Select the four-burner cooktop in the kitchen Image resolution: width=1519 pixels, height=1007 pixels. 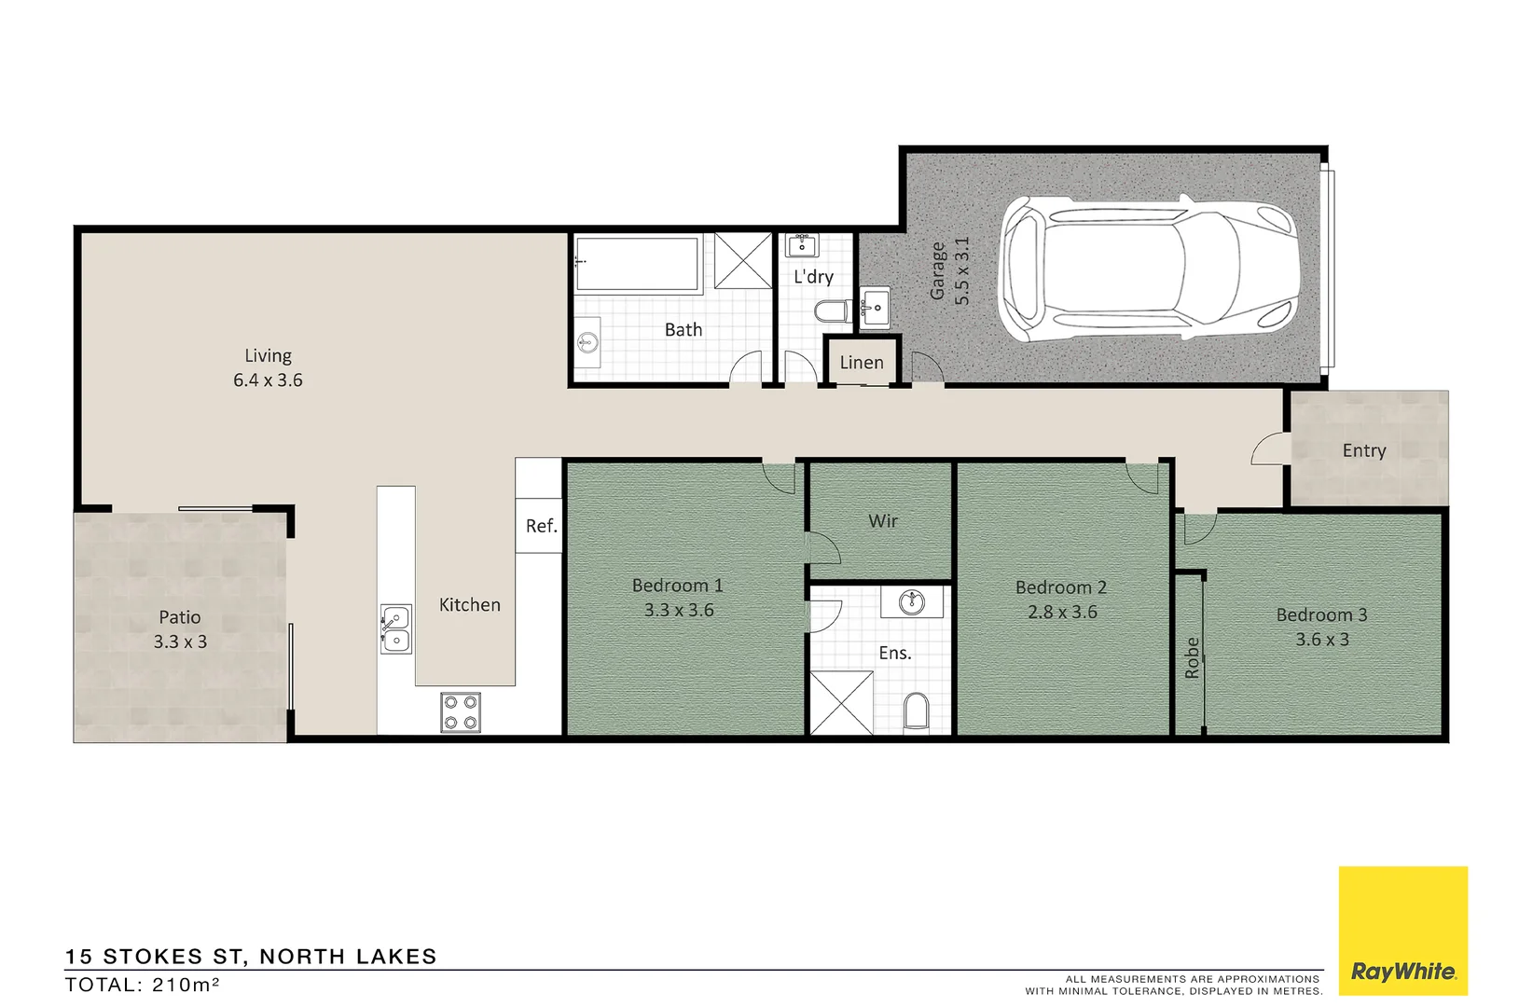(460, 713)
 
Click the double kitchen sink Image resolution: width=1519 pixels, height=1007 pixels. (395, 628)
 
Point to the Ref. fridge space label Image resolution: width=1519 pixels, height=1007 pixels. (541, 526)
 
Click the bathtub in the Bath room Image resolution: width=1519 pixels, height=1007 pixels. (637, 264)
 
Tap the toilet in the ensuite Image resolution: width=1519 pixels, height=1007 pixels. (917, 713)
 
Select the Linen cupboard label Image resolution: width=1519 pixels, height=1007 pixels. (861, 363)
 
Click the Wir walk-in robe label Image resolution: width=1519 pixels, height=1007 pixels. (882, 521)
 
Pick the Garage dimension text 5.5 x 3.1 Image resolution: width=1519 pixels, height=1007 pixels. (962, 270)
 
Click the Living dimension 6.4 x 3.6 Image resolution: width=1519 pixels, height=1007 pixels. (268, 380)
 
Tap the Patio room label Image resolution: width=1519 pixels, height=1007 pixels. (179, 617)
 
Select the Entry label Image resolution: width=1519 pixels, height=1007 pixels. (1363, 450)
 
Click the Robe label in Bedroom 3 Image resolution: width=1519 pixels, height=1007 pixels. (1191, 657)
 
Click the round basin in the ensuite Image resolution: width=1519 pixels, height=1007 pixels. (911, 602)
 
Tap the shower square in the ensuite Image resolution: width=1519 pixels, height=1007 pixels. (841, 703)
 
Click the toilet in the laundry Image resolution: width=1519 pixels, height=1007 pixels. (832, 311)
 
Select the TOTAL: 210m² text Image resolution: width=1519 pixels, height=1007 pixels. (142, 985)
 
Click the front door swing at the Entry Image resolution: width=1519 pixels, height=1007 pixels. (1270, 449)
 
